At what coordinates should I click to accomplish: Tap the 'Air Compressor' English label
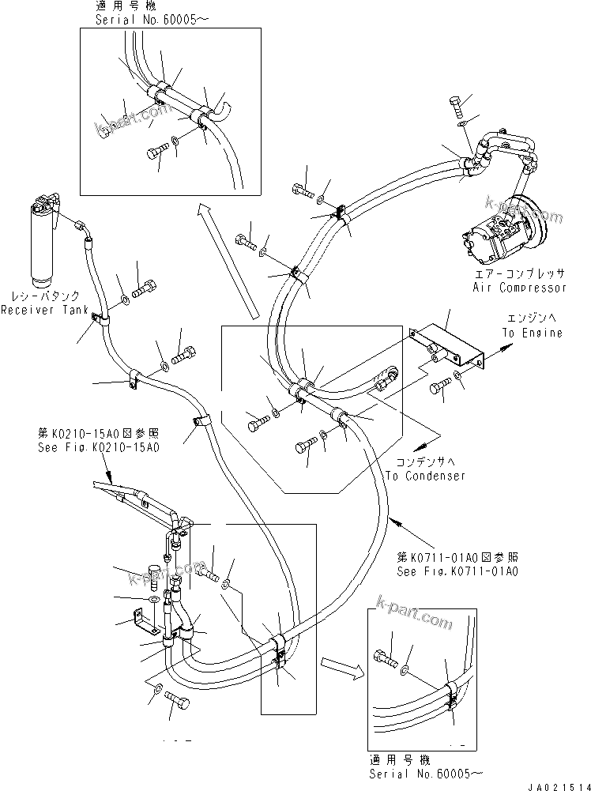tap(519, 288)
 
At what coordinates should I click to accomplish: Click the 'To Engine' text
tap(532, 333)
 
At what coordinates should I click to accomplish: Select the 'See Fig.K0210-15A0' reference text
tap(99, 447)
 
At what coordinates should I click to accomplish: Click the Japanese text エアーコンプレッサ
tap(519, 273)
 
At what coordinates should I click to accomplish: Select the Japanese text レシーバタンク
tap(40, 296)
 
